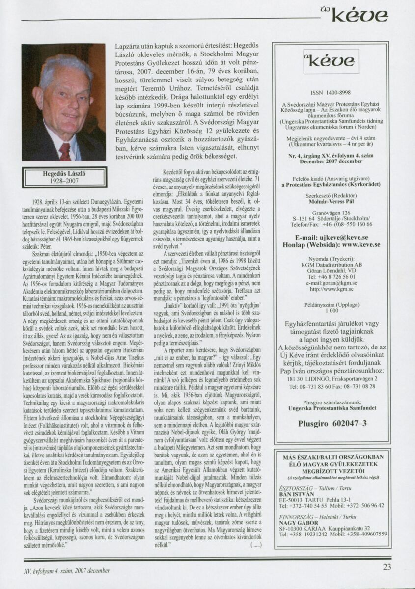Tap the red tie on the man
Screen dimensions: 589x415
point(64,151)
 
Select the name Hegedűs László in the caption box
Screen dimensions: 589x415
point(63,173)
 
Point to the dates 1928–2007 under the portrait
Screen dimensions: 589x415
point(63,181)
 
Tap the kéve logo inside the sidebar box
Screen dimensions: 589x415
point(324,62)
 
